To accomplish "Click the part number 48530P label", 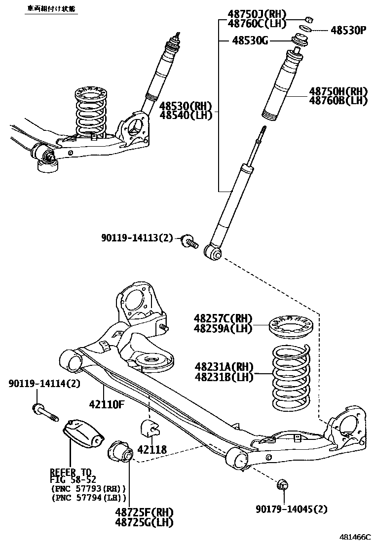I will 348,30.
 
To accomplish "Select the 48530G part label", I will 250,40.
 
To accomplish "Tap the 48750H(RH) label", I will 339,91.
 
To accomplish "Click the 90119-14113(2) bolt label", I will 137,238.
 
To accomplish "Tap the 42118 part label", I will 152,449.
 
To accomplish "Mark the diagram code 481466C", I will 354,536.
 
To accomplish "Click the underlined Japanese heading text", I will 51,9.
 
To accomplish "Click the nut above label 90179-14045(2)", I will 283,485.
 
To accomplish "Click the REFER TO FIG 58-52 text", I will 73,475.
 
